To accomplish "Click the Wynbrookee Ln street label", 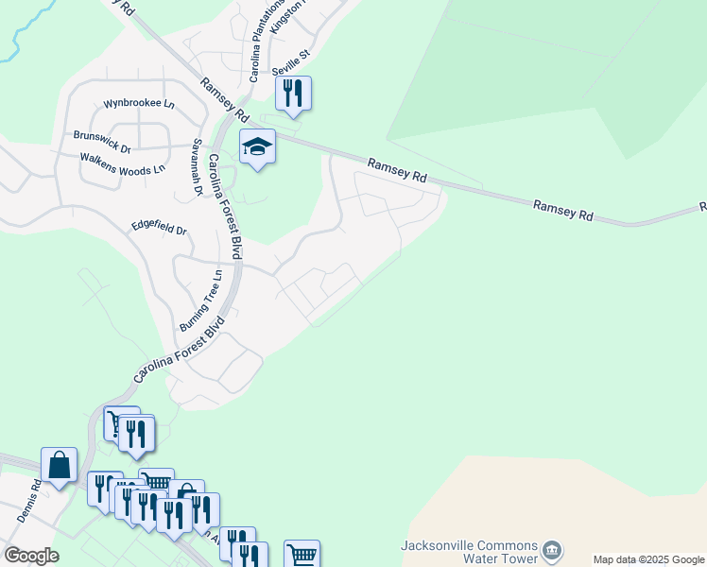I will tap(140, 103).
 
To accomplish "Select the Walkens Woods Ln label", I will tap(122, 163).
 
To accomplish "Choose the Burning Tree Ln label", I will tap(201, 301).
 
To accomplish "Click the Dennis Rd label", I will tap(29, 501).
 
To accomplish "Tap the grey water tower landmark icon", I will tap(553, 549).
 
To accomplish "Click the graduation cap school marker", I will tap(257, 147).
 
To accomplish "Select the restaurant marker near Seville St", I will tap(293, 94).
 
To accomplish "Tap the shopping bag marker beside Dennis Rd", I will tap(60, 466).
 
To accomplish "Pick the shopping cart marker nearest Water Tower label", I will tap(302, 555).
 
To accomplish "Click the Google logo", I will tap(31, 556).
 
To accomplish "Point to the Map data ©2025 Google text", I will tap(648, 560).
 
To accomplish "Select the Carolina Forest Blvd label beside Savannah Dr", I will tap(226, 206).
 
